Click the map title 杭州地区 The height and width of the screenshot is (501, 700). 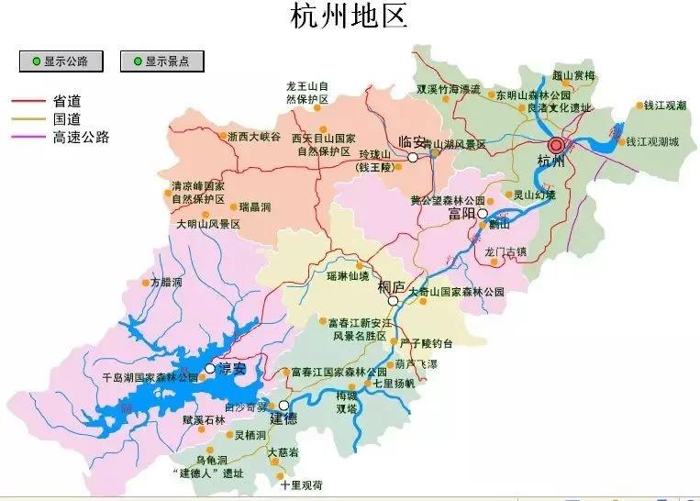(x=349, y=17)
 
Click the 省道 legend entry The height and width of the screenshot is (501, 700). (x=67, y=101)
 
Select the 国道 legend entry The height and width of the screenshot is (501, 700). (x=67, y=119)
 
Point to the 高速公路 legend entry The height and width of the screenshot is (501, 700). (x=81, y=138)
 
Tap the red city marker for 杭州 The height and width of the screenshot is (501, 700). (x=555, y=145)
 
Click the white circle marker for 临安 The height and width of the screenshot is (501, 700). (x=413, y=158)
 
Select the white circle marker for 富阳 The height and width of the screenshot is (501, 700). (x=483, y=213)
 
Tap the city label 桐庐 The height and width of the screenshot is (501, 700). (x=391, y=287)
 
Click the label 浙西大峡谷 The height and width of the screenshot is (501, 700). (x=254, y=137)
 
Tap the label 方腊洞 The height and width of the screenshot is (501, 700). (x=167, y=282)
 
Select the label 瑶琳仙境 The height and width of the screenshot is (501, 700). (x=348, y=275)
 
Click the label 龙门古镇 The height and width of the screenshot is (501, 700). (x=506, y=250)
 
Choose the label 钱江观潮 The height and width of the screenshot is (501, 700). (x=664, y=106)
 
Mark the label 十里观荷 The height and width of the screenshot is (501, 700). (x=302, y=484)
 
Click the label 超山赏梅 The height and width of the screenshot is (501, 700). (x=574, y=75)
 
